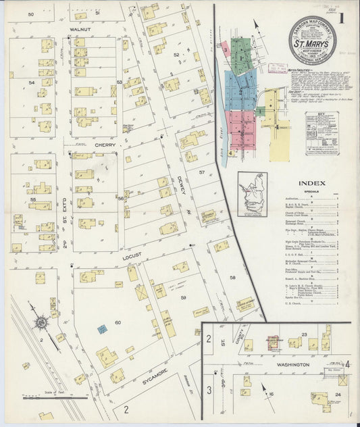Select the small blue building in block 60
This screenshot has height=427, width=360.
[x=101, y=329]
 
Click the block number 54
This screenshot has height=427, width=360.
[x=31, y=82]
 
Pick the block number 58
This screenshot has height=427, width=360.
[x=232, y=278]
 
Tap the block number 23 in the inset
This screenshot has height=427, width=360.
[x=304, y=335]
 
